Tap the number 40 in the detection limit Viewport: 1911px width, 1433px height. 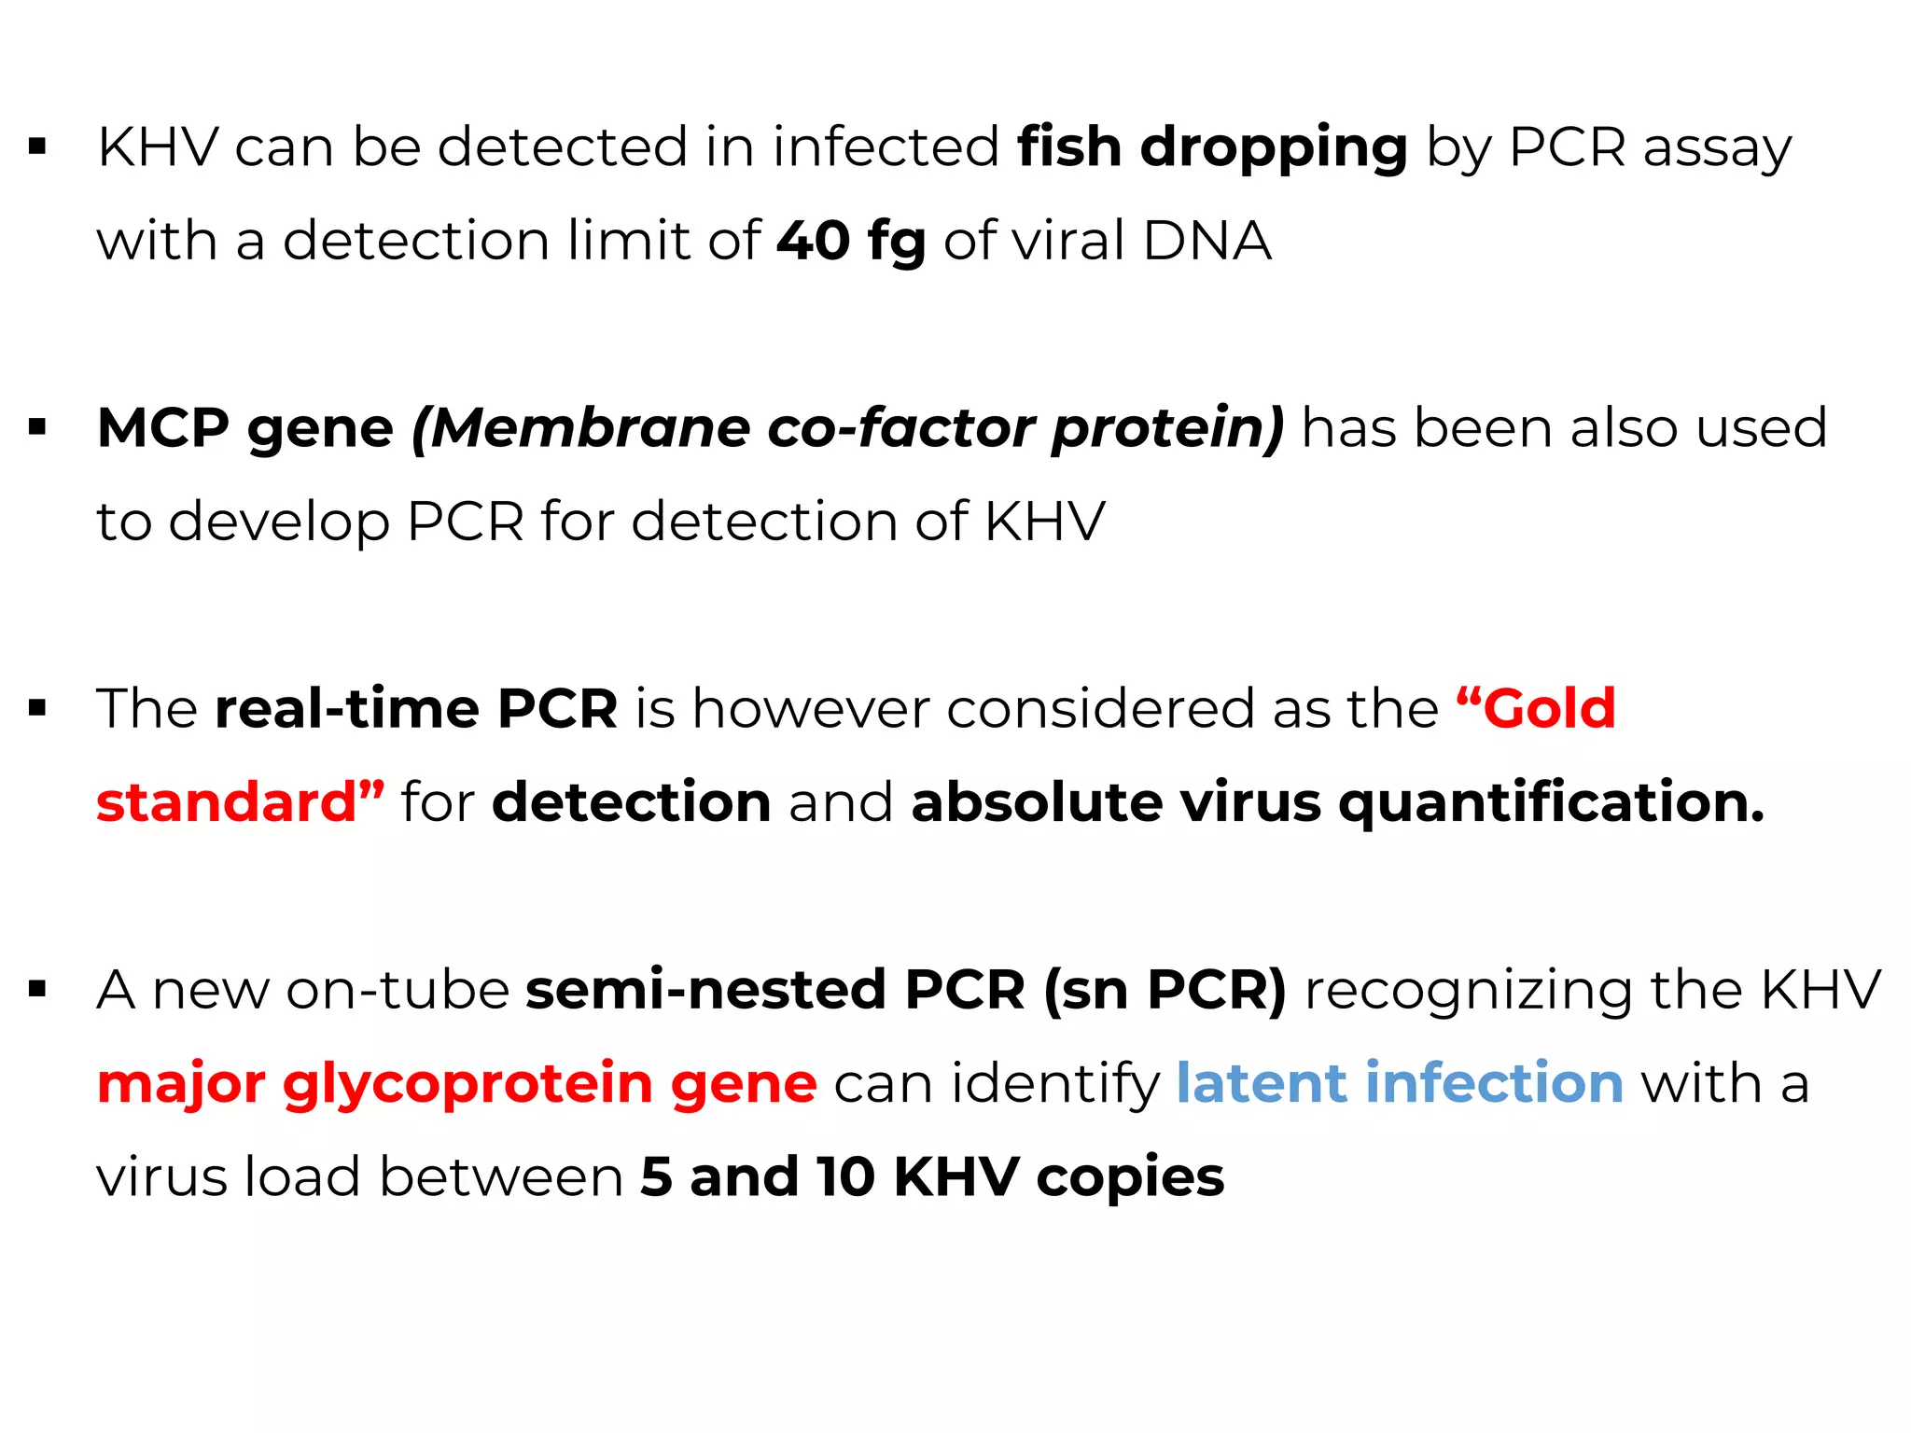click(813, 241)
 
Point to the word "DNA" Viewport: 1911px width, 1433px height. click(1207, 241)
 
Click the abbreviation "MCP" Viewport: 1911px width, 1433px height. click(163, 428)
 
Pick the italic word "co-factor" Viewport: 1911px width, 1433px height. click(900, 428)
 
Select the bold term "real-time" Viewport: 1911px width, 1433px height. click(347, 709)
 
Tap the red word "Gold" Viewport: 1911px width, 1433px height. click(1549, 709)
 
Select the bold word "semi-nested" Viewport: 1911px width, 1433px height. click(705, 990)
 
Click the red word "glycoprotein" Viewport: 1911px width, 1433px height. click(467, 1085)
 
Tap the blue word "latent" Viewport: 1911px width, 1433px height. click(1261, 1083)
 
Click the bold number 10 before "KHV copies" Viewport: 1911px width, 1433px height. click(845, 1177)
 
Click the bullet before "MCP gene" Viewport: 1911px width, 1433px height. click(37, 428)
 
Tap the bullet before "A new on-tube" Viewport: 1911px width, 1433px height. click(37, 990)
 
